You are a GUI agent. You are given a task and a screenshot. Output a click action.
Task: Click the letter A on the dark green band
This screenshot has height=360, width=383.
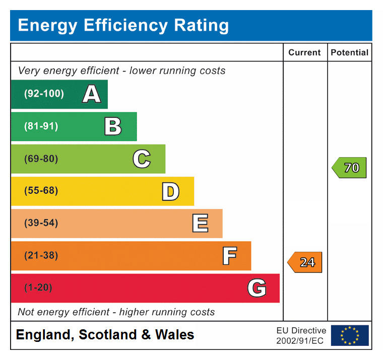click(x=91, y=94)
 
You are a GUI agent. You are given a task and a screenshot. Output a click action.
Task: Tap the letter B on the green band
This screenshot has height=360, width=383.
click(x=113, y=126)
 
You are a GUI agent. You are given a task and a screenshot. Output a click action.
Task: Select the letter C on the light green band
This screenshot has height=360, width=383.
click(x=142, y=159)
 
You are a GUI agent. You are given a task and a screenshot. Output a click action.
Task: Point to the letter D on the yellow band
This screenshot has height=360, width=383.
click(x=170, y=191)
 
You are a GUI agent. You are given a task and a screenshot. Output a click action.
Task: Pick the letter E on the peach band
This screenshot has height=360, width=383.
click(x=200, y=224)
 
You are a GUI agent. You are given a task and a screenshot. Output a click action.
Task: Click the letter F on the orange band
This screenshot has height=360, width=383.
click(x=229, y=256)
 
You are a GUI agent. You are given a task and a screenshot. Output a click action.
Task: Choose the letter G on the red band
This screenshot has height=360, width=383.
click(x=257, y=288)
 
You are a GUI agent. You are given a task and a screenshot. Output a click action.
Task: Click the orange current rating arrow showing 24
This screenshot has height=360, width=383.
click(x=305, y=262)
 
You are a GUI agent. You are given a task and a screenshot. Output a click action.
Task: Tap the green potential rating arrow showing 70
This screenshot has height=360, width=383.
click(x=349, y=168)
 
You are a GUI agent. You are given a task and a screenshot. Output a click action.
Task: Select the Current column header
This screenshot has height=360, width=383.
click(x=304, y=52)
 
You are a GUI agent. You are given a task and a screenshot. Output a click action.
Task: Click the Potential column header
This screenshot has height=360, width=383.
click(x=349, y=52)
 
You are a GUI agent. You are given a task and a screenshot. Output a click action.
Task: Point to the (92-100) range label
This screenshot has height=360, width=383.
click(x=44, y=94)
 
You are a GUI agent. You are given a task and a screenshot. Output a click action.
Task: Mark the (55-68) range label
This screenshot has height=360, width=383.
click(x=41, y=191)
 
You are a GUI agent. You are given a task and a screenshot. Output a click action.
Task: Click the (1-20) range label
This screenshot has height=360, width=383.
click(x=38, y=288)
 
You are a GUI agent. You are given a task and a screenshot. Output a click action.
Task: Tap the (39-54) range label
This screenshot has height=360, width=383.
click(x=41, y=223)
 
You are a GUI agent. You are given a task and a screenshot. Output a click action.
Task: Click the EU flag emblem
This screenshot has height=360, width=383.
click(x=349, y=335)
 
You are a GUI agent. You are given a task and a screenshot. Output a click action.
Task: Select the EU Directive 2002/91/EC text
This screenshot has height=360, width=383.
click(x=301, y=335)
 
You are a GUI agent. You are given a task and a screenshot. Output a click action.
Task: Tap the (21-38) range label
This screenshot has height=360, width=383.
click(x=41, y=255)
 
